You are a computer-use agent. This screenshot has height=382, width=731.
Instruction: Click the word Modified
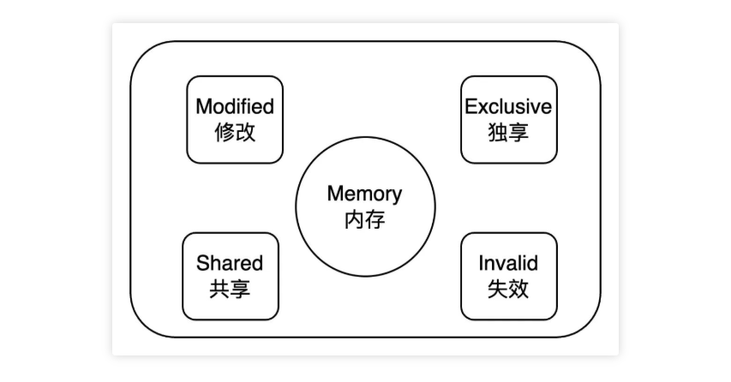[x=235, y=107]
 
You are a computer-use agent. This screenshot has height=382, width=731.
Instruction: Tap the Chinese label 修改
[x=235, y=133]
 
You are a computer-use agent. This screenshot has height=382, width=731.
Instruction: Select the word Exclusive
[x=508, y=107]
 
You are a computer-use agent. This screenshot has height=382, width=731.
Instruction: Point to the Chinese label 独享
[x=508, y=133]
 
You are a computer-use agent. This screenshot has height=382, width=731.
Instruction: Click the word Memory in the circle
[x=364, y=194]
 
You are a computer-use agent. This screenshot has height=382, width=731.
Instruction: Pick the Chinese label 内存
[x=364, y=219]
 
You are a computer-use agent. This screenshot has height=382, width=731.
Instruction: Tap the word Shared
[x=230, y=263]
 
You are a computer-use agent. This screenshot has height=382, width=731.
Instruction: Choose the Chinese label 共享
[x=230, y=289]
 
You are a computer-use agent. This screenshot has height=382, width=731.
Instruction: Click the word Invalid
[x=508, y=263]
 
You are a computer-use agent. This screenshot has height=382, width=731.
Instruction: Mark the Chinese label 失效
[x=508, y=289]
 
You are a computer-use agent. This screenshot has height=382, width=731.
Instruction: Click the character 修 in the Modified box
[x=224, y=133]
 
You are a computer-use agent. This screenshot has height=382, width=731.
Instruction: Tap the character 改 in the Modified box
[x=245, y=133]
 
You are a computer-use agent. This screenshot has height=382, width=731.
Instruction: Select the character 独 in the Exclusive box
[x=498, y=133]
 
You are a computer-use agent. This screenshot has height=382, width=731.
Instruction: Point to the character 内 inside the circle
[x=354, y=219]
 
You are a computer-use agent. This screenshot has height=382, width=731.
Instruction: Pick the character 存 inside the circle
[x=374, y=219]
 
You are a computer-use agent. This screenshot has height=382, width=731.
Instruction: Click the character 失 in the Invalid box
[x=498, y=289]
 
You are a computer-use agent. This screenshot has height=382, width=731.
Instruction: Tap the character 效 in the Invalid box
[x=518, y=289]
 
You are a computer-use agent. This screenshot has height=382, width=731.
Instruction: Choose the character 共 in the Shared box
[x=219, y=289]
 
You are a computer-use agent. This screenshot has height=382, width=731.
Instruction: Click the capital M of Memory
[x=334, y=194]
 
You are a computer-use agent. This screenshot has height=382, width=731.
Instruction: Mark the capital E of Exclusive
[x=470, y=107]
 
